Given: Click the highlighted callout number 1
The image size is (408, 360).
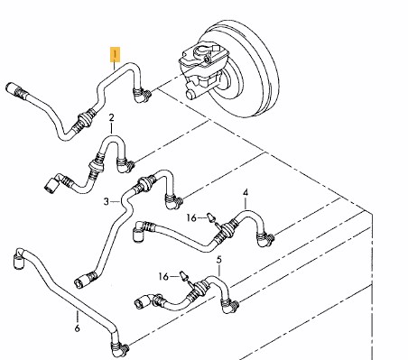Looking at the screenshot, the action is pos(115,54).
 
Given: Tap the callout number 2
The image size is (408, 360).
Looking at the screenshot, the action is pos(111,117).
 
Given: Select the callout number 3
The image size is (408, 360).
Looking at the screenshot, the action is pos(106,201).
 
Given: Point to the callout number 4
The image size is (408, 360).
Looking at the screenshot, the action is pos(246,192).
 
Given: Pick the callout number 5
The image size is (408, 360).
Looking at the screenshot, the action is pos(219,260).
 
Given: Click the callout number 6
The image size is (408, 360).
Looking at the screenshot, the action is pos(77,328).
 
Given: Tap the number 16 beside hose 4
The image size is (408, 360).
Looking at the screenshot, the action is pos(191,217).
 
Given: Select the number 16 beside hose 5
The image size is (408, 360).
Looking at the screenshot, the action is pos(163,276).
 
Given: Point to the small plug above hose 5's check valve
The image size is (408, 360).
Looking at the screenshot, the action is pos(183,276).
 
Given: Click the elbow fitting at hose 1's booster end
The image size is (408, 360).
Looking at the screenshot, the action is pos(142,96).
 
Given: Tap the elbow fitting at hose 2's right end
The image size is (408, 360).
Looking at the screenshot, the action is pos(125,165).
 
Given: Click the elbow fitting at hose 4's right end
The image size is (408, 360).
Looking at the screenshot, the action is pos(265,239).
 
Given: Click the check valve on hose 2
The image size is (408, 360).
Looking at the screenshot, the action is pos(96,165).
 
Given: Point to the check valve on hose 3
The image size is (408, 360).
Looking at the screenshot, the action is pos(144,183).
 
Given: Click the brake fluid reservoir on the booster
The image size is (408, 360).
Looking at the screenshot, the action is pos(204,56).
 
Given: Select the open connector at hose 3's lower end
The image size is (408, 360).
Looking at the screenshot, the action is pos(80,282).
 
